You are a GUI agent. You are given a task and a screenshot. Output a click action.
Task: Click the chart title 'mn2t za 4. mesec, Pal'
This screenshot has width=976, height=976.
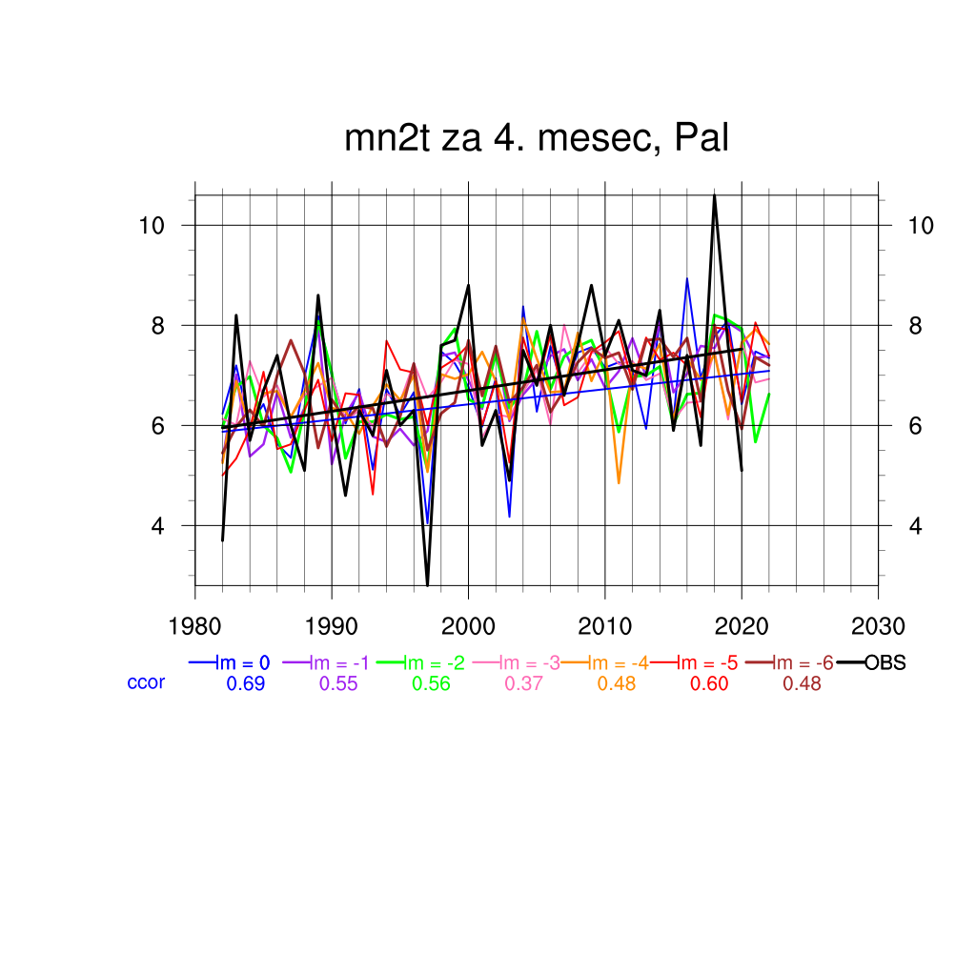tap(537, 139)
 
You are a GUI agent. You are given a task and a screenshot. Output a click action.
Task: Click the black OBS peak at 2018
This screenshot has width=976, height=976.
tap(714, 196)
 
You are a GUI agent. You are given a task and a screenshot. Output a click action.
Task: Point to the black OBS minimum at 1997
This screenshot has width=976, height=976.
tap(427, 584)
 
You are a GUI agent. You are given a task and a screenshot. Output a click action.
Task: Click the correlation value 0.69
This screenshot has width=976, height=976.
tap(245, 683)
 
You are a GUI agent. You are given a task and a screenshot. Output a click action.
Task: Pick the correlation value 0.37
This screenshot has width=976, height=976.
tap(523, 683)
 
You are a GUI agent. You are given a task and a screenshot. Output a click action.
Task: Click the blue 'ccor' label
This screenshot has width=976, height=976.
tap(146, 682)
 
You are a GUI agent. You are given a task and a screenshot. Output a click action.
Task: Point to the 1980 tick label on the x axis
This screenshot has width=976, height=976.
tap(195, 626)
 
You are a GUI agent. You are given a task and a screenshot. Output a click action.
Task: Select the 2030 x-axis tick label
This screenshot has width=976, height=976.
tap(878, 626)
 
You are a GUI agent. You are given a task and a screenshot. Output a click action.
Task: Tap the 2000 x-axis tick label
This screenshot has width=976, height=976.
tap(468, 626)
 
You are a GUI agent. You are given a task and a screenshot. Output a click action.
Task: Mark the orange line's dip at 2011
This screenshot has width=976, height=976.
tap(619, 482)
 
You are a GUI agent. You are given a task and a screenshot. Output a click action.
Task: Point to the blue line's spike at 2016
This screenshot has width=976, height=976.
tap(687, 279)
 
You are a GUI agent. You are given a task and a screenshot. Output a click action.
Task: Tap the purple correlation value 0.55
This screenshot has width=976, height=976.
tap(338, 683)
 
